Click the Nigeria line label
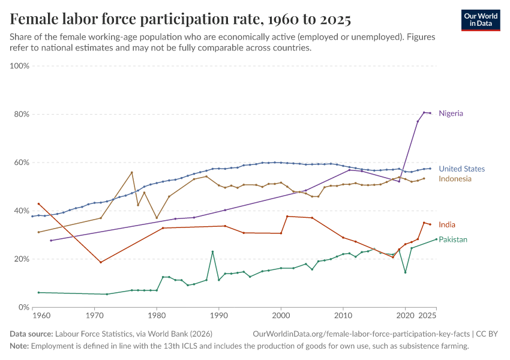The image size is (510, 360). (x=451, y=113)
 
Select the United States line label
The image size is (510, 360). (x=461, y=169)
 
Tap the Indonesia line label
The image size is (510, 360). (x=455, y=179)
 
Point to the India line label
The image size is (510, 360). (x=446, y=224)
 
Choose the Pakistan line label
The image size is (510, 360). (x=452, y=239)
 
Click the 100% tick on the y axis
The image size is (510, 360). (x=20, y=66)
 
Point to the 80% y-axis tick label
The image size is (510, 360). (x=21, y=114)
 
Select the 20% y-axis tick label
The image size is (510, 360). (x=21, y=259)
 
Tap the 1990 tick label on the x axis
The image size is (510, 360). (x=218, y=315)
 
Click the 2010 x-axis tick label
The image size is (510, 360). (x=343, y=315)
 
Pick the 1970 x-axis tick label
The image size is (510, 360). (x=94, y=315)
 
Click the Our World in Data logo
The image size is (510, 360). (x=480, y=20)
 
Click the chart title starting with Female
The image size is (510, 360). (x=180, y=20)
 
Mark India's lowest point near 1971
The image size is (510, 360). (x=101, y=262)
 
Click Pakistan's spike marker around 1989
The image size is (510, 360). (x=212, y=251)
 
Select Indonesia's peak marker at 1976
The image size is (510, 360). (x=132, y=173)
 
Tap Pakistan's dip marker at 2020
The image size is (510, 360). (x=406, y=272)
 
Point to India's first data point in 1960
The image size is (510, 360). (x=38, y=204)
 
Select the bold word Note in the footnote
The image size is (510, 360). (x=19, y=346)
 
